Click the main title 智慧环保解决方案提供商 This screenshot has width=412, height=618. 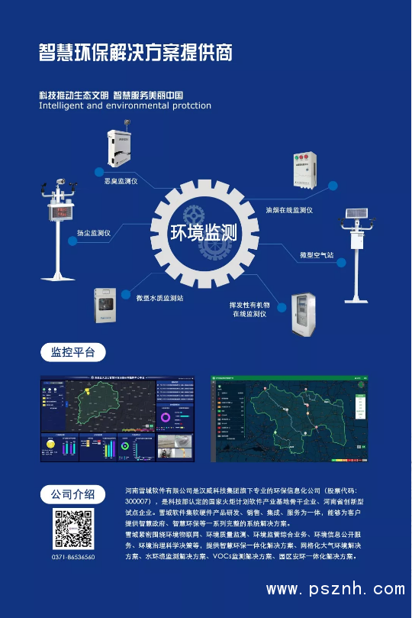(135, 52)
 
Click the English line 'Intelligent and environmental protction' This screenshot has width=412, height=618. (125, 106)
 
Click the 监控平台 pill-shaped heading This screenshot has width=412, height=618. (72, 352)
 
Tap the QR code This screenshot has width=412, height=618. (72, 529)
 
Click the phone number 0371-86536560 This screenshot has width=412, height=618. (73, 558)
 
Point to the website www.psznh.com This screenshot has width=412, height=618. (335, 589)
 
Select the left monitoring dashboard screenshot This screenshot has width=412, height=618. (117, 418)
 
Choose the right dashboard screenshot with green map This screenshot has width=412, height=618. (290, 418)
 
